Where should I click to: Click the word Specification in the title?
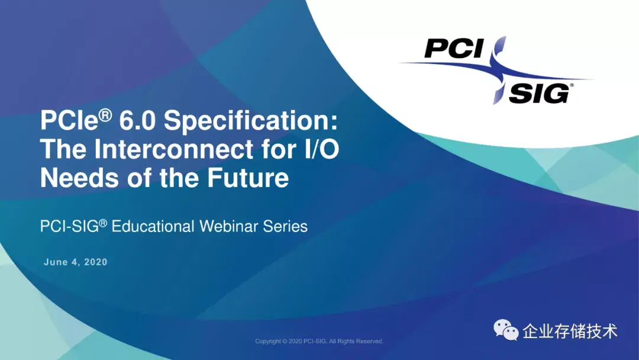251,121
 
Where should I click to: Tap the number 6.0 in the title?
137,121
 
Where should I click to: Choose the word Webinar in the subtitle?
229,226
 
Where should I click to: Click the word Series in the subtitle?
285,226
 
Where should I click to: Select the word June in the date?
56,262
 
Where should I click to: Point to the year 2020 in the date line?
96,262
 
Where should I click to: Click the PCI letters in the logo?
454,49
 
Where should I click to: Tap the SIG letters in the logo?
539,94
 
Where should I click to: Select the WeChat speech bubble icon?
506,330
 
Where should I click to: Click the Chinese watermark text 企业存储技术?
570,331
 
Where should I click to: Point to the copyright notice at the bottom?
319,341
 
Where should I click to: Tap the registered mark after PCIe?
105,115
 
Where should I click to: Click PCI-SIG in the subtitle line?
70,226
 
